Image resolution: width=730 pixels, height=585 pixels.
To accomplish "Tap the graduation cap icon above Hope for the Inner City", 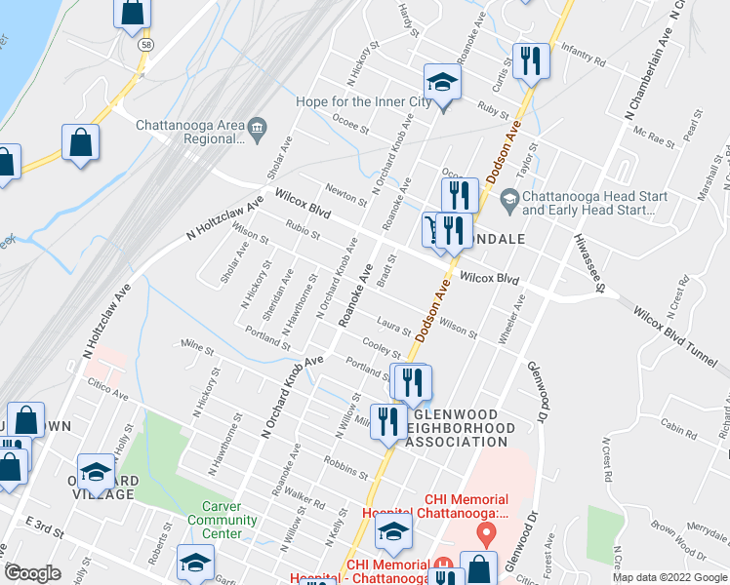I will [441, 84].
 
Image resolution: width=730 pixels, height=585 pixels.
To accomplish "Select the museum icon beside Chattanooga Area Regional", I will [257, 126].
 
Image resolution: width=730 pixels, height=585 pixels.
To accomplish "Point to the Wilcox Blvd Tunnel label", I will [674, 336].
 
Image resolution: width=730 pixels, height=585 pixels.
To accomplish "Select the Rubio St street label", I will [303, 232].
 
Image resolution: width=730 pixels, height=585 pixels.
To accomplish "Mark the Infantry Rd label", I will [586, 61].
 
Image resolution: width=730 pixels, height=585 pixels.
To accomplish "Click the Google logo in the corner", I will [32, 573].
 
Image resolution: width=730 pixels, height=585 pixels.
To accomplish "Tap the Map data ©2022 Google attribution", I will [669, 577].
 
